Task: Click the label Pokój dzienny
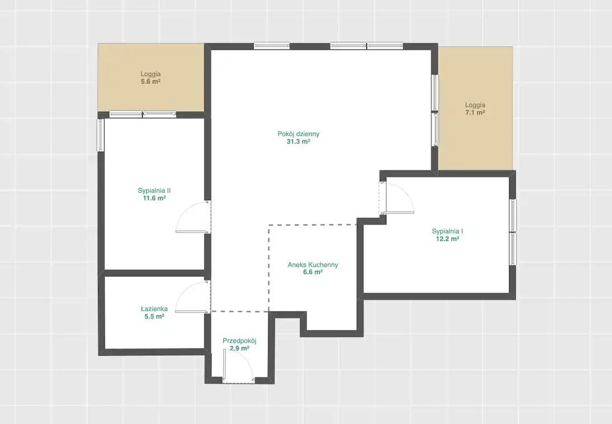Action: (298, 134)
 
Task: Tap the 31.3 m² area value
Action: (298, 142)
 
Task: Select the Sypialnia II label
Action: (154, 191)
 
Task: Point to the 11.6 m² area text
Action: (154, 198)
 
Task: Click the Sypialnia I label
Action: (447, 232)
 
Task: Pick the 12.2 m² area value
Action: (447, 239)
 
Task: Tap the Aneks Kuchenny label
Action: (313, 265)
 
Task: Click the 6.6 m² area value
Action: (313, 272)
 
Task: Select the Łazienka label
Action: (154, 309)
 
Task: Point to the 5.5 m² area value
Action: (154, 317)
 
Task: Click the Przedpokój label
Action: (240, 341)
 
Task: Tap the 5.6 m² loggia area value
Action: (151, 82)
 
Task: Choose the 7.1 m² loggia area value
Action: (475, 113)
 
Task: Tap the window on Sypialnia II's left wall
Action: (101, 135)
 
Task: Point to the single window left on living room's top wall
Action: (272, 46)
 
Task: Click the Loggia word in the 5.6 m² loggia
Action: (151, 74)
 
